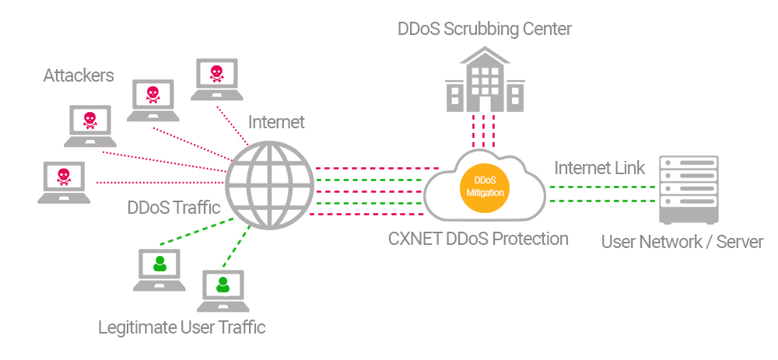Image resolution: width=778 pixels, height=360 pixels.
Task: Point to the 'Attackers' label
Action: point(79,75)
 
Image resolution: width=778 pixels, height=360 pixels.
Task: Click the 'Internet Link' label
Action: point(599,168)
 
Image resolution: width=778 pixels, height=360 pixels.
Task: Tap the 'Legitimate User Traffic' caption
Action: point(181,327)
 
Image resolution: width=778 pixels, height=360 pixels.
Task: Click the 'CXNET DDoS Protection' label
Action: point(478,239)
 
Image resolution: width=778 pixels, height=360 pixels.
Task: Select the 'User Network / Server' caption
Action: point(682,243)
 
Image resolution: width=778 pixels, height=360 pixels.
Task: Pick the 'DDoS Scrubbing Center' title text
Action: point(484,30)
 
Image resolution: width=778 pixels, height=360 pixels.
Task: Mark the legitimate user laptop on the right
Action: point(223,290)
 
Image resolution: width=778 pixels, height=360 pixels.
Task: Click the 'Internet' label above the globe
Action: point(276,122)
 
